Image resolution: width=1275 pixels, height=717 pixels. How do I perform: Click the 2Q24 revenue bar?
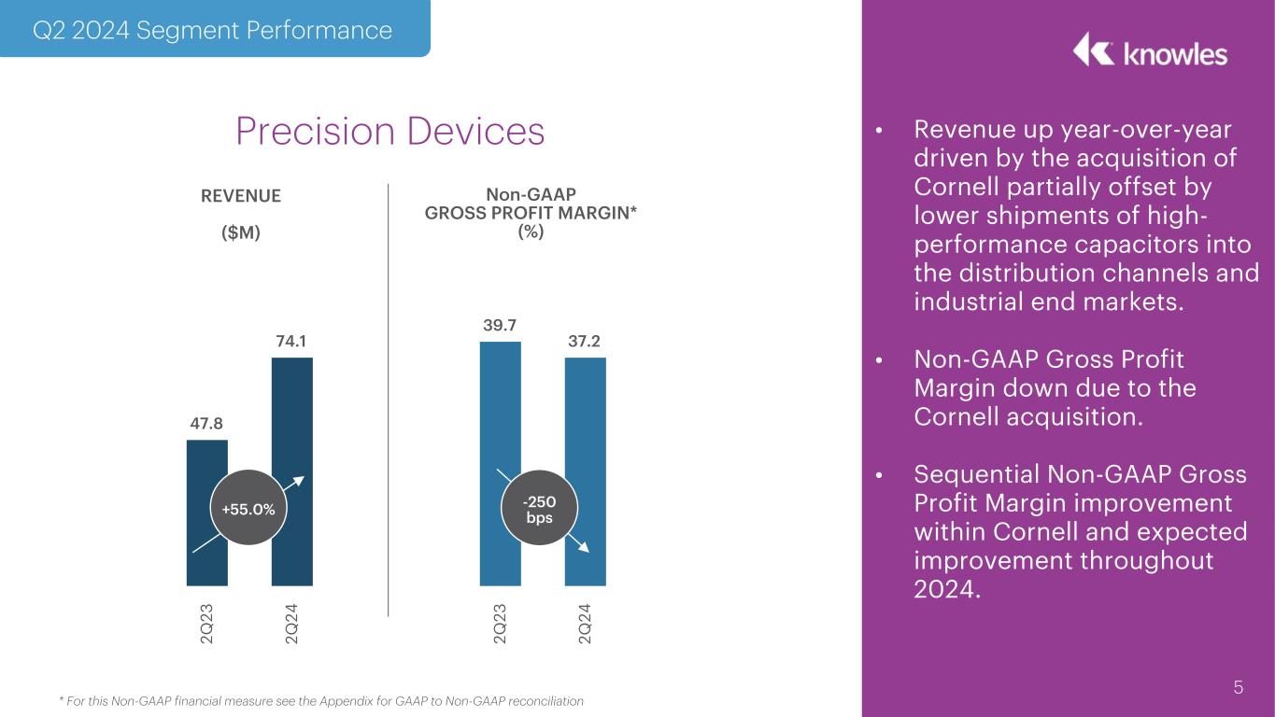291,420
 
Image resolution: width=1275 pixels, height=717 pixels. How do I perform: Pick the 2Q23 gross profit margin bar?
500,420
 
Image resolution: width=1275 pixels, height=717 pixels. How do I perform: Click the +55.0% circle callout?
248,509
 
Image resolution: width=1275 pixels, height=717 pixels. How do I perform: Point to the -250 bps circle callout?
539,510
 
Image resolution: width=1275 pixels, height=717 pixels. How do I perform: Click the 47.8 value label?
206,423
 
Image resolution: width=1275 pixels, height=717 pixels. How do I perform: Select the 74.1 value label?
291,342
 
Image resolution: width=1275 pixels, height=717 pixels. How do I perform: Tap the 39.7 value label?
500,325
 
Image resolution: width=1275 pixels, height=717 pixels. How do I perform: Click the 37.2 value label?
585,342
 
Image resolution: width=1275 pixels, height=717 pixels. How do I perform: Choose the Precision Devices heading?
390,132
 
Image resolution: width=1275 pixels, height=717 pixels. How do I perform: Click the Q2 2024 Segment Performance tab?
212,30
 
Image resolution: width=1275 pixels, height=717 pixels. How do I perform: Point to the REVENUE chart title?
241,196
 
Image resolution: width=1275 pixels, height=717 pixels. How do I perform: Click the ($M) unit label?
241,232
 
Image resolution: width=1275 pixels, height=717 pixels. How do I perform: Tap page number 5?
1238,688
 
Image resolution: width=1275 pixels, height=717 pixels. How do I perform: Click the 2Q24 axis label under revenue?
291,623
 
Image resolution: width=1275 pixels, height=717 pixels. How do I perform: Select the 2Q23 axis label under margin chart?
500,623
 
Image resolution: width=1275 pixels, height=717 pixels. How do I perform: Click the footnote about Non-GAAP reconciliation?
320,701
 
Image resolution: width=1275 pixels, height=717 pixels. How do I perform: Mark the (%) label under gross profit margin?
531,232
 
